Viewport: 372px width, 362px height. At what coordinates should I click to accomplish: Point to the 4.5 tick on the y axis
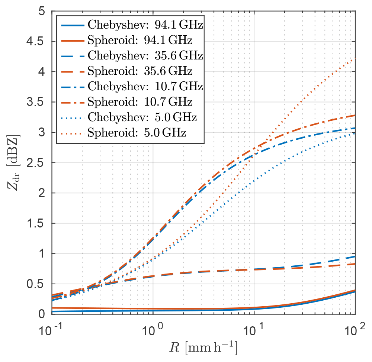(x=35, y=41)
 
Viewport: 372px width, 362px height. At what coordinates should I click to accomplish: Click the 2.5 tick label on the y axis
(x=35, y=162)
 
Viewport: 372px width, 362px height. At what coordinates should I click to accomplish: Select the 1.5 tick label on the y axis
(x=35, y=223)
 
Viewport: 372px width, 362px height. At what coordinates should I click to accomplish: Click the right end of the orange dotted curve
(x=356, y=58)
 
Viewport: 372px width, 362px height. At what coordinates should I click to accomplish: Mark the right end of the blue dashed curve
(x=356, y=256)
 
